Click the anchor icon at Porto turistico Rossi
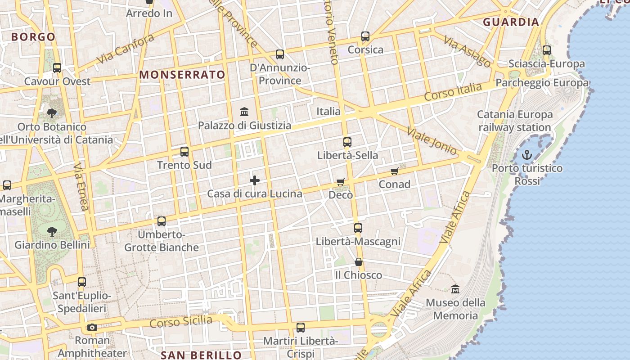coord(526,155)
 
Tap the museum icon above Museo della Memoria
coord(455,289)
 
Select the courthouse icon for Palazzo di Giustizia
coord(244,111)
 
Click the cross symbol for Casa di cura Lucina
coord(255,180)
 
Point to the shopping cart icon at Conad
coord(395,171)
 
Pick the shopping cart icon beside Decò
coord(341,182)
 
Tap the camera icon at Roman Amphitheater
coord(92,327)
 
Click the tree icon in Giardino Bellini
coord(52,232)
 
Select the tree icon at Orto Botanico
coord(52,113)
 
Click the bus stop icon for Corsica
coord(365,36)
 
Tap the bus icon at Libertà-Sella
coord(347,142)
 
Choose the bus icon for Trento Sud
coord(184,152)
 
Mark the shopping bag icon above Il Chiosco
coord(359,261)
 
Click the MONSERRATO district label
coord(182,75)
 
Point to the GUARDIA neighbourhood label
coord(511,22)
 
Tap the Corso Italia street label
coord(453,92)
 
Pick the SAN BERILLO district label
coord(201,355)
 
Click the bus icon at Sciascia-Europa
coord(547,50)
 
